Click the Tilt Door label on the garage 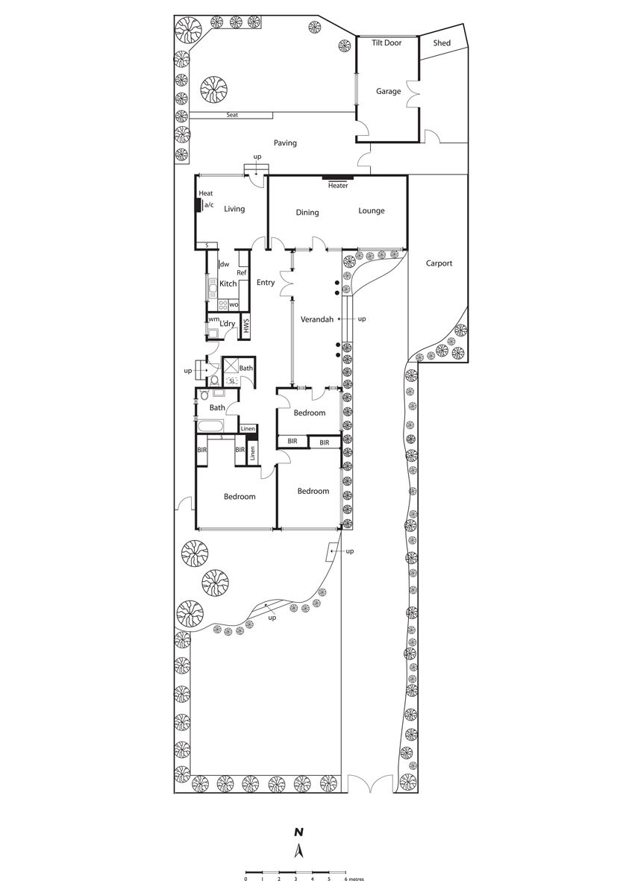pyautogui.click(x=386, y=43)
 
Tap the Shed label pyautogui.click(x=442, y=43)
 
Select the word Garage pyautogui.click(x=388, y=92)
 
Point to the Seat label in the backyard pyautogui.click(x=232, y=115)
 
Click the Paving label pyautogui.click(x=285, y=143)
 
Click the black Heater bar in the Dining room pyautogui.click(x=338, y=178)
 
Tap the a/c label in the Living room pyautogui.click(x=209, y=205)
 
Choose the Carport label pyautogui.click(x=439, y=263)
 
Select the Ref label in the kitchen pyautogui.click(x=242, y=273)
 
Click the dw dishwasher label pyautogui.click(x=225, y=264)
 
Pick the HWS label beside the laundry pyautogui.click(x=245, y=327)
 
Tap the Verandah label pyautogui.click(x=317, y=319)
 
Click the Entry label pyautogui.click(x=265, y=283)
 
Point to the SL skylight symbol pyautogui.click(x=231, y=381)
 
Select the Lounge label pyautogui.click(x=372, y=211)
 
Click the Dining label pyautogui.click(x=307, y=213)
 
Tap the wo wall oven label pyautogui.click(x=234, y=304)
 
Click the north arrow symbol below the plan pyautogui.click(x=299, y=850)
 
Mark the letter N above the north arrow pyautogui.click(x=299, y=832)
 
